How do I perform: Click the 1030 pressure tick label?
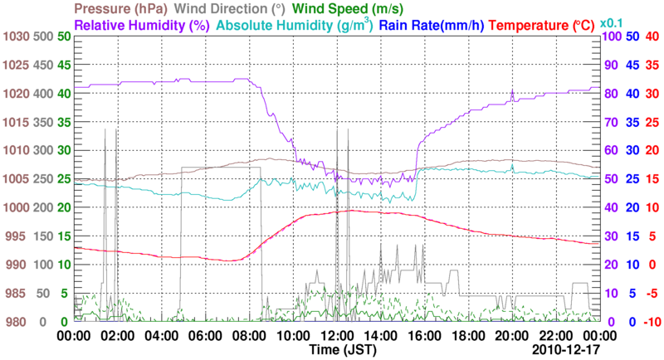click(x=16, y=36)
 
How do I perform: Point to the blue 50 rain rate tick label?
click(x=632, y=36)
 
